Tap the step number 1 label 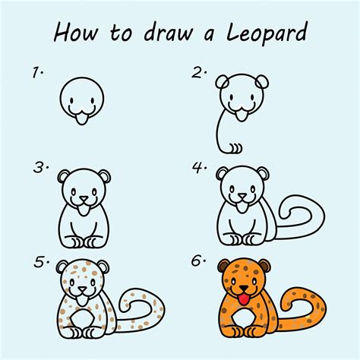pyautogui.click(x=36, y=73)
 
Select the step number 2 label pyautogui.click(x=200, y=73)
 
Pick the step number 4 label pyautogui.click(x=200, y=166)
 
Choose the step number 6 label pyautogui.click(x=200, y=262)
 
